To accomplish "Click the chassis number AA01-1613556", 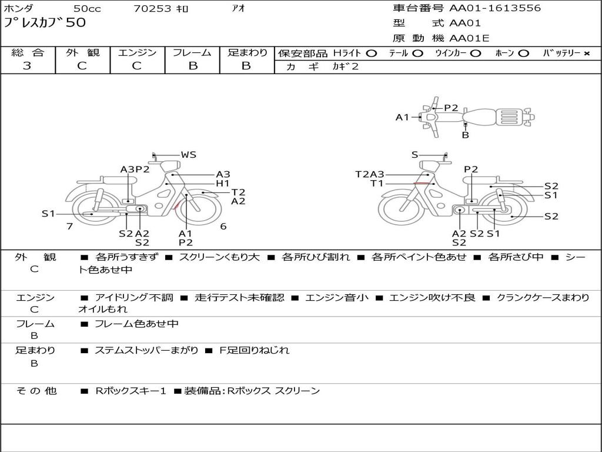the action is (x=495, y=8).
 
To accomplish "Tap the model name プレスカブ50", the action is (x=45, y=22).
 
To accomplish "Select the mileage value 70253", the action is (x=152, y=8).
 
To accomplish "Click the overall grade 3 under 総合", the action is (x=27, y=66).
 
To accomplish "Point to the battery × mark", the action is (x=587, y=54).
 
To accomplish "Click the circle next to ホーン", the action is (x=523, y=54).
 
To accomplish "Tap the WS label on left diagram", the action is (x=189, y=155).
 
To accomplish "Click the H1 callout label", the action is (x=223, y=184).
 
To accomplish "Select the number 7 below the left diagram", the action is (x=69, y=226).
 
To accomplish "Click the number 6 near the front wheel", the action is (x=223, y=226).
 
